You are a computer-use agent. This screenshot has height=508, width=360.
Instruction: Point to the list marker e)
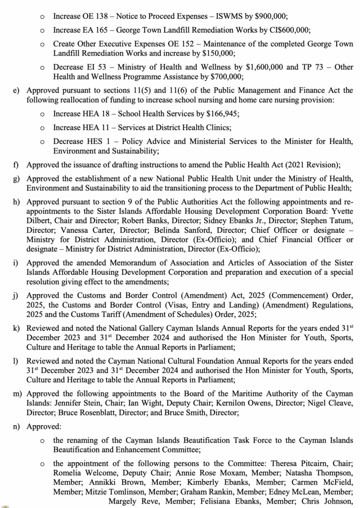[x=18, y=90]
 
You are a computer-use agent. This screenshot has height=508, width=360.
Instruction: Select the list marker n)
[x=18, y=425]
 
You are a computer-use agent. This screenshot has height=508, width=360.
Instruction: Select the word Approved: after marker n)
[x=43, y=425]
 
